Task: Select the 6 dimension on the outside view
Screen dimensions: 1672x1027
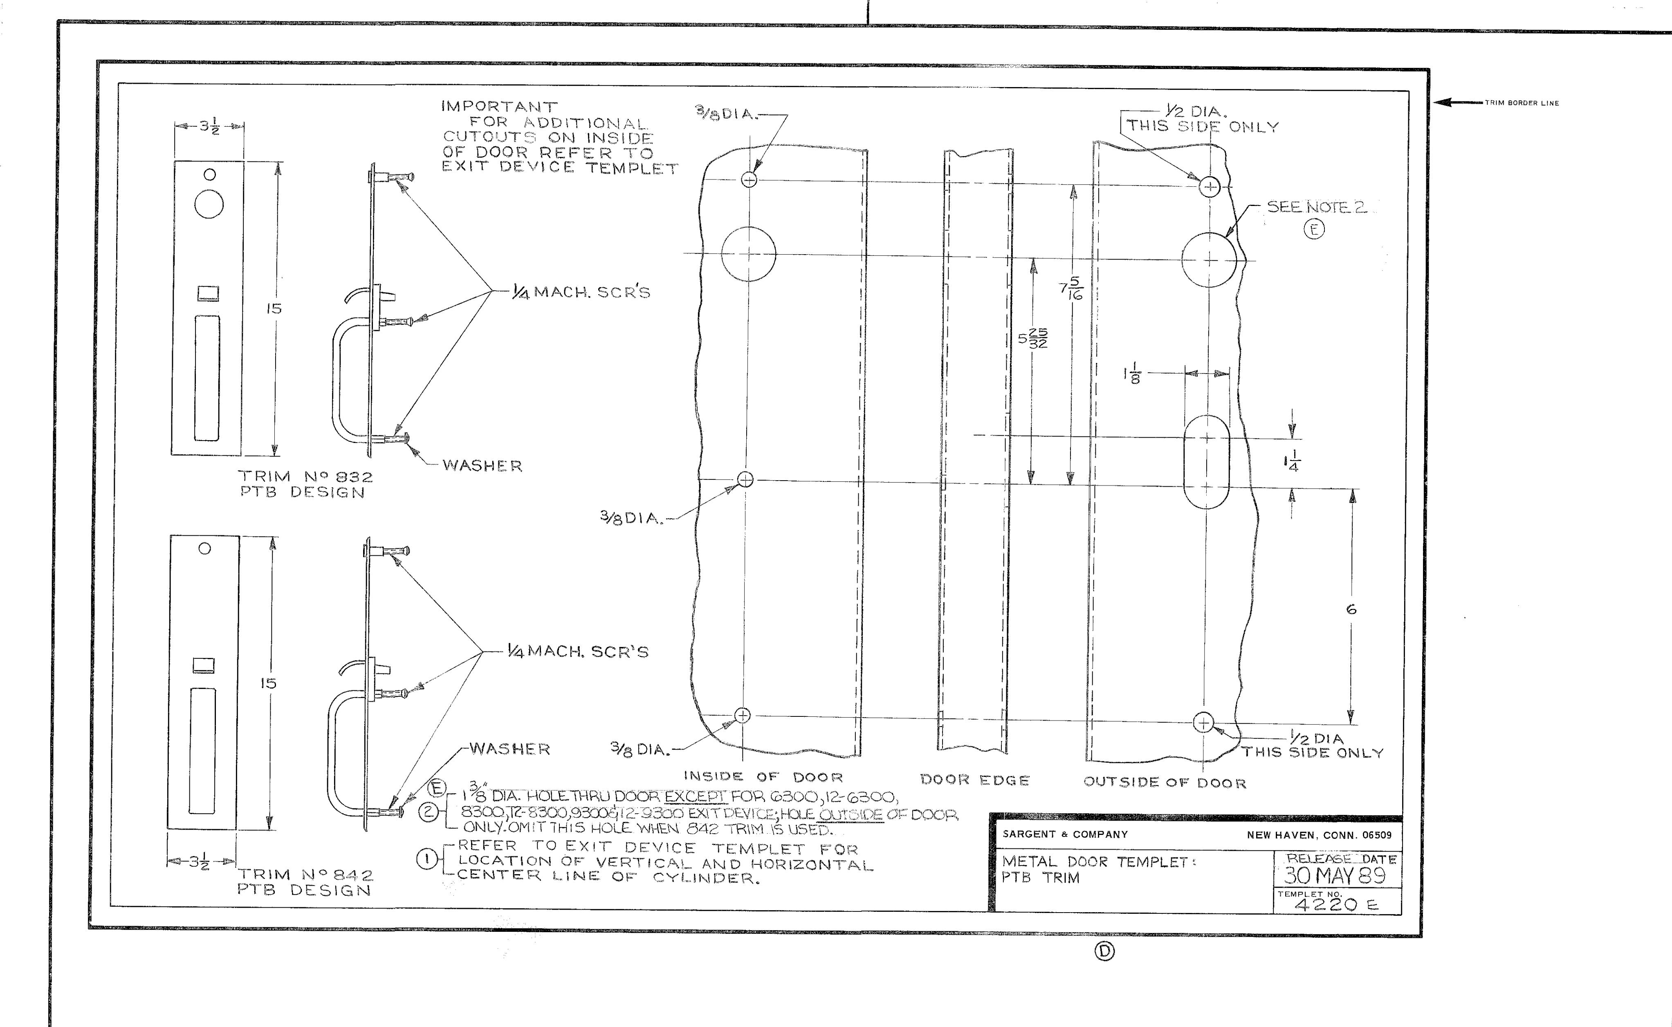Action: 1351,609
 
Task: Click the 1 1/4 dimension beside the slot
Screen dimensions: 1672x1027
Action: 1292,461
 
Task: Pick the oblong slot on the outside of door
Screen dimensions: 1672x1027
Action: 1207,463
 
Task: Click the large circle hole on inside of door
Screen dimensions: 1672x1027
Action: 748,254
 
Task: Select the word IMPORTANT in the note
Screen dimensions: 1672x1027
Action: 499,107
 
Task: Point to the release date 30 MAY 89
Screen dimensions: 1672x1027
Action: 1334,875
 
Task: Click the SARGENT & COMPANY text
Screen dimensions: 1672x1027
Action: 1065,834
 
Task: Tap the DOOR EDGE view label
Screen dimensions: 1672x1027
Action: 975,781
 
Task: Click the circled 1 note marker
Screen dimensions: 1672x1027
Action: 426,859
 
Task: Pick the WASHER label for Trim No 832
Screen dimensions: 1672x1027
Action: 483,466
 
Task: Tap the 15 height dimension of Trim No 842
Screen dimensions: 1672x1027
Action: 268,683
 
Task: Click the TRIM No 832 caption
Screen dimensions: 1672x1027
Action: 306,477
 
